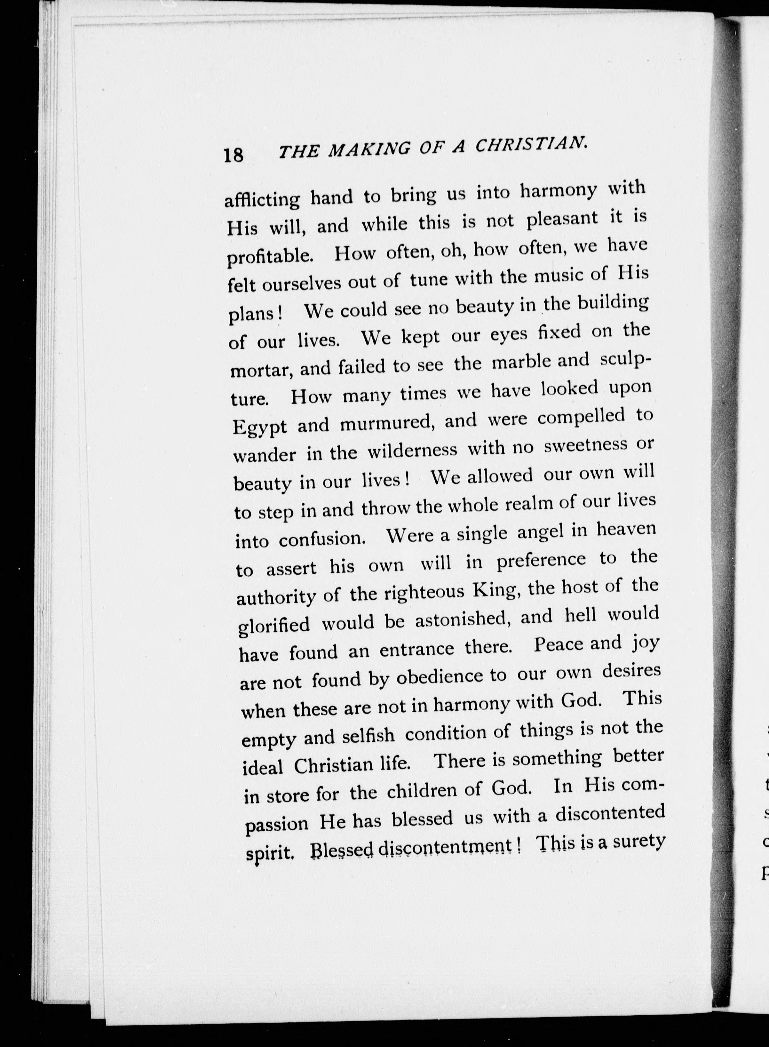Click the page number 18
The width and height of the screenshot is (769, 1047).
pos(233,155)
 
